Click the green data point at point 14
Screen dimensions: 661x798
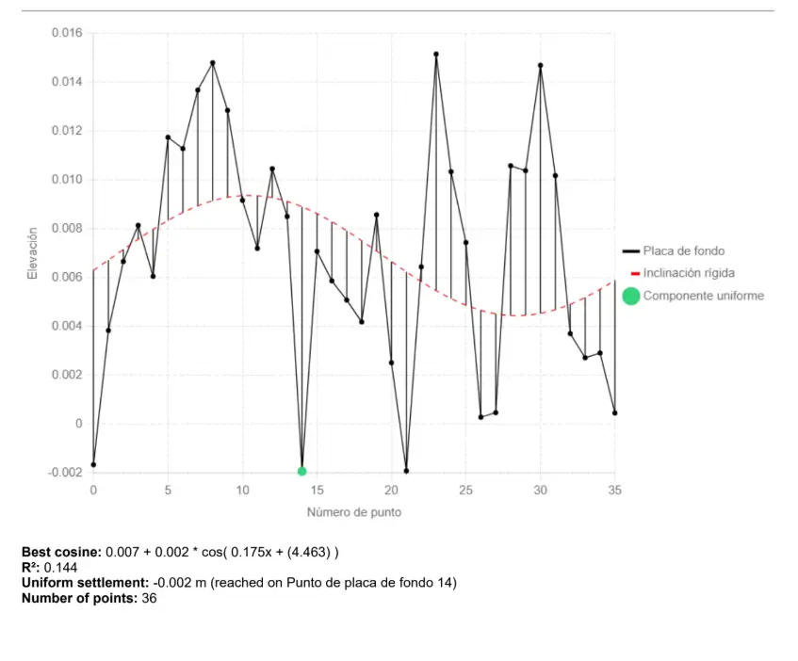click(x=301, y=471)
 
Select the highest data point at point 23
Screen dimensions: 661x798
click(x=436, y=55)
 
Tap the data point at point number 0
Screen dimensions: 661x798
click(x=93, y=465)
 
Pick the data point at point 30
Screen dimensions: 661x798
click(x=541, y=66)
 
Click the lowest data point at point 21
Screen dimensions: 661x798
click(x=406, y=471)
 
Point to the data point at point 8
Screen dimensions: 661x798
click(x=213, y=63)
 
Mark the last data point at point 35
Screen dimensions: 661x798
click(x=615, y=412)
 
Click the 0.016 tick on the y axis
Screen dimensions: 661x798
click(x=67, y=34)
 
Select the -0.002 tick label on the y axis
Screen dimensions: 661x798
click(x=65, y=473)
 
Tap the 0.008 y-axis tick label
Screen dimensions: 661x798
click(x=67, y=229)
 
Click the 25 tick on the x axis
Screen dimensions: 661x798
click(x=466, y=491)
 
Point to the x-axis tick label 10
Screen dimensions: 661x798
click(x=242, y=491)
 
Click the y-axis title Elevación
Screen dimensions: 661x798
click(x=32, y=252)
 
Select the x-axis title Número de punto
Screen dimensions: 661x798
click(x=353, y=513)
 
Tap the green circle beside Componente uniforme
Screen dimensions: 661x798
click(x=631, y=297)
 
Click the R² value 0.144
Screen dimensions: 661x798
click(x=61, y=568)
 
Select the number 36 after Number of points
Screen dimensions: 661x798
click(x=149, y=598)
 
